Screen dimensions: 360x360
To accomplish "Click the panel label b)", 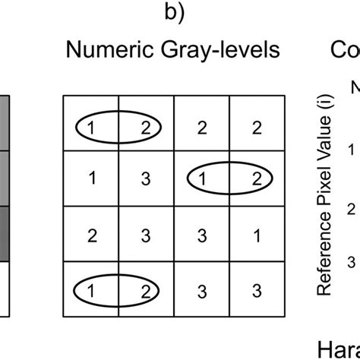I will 173,13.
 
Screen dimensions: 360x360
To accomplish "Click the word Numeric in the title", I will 103,52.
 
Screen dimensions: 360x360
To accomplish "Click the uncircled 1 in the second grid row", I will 90,178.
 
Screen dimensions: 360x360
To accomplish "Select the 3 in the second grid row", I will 146,178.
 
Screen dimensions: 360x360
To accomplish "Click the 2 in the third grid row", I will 90,235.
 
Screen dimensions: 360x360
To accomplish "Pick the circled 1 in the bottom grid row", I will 90,289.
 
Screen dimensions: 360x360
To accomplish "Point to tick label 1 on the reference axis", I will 352,150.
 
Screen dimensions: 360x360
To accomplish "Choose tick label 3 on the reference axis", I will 352,262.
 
